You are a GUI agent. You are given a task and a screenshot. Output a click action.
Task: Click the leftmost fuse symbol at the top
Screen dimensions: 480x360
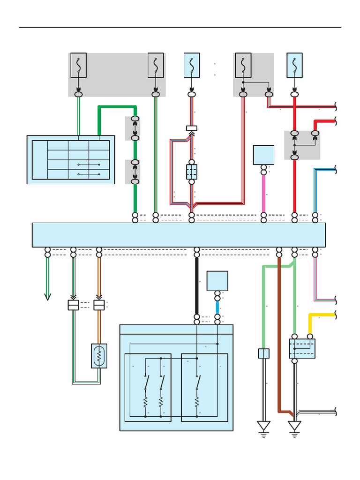click(78, 65)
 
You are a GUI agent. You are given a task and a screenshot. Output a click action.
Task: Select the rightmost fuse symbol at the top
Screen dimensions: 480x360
click(294, 65)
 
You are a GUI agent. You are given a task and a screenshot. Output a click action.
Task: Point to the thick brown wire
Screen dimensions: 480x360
click(279, 337)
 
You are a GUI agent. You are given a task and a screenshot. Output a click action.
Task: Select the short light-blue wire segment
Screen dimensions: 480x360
click(217, 307)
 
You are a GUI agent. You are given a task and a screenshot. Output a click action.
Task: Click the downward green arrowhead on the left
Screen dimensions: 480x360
click(47, 296)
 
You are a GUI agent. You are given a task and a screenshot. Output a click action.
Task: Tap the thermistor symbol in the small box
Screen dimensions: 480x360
click(99, 356)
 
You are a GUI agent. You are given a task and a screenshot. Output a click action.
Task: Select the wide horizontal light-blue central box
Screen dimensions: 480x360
click(179, 235)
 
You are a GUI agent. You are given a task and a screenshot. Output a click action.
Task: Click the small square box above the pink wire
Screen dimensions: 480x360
click(263, 155)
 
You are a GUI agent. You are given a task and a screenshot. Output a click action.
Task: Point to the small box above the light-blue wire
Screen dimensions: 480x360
click(217, 281)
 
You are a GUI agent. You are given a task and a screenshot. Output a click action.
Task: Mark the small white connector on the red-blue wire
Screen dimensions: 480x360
click(192, 128)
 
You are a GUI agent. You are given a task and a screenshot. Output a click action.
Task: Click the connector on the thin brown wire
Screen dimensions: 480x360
click(99, 305)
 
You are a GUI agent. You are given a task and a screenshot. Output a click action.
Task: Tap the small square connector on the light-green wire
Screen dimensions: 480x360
click(264, 353)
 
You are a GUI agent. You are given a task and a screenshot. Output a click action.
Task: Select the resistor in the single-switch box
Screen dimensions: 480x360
click(197, 402)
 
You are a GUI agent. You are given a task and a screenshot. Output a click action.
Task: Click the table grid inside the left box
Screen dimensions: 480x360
click(78, 160)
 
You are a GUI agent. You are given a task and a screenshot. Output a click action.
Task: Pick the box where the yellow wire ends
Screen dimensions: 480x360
click(302, 349)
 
